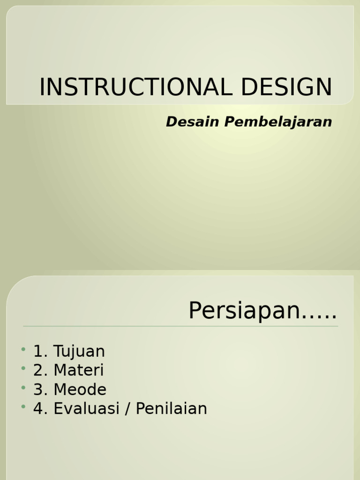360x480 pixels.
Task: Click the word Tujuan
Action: [x=79, y=352]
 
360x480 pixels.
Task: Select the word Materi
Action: [x=79, y=370]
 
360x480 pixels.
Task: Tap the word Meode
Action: [x=80, y=390]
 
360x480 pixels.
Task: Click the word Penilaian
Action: [x=172, y=409]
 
